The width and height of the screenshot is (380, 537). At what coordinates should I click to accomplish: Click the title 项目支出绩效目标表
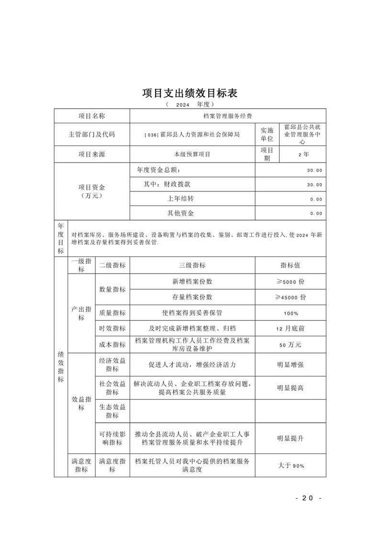(190, 92)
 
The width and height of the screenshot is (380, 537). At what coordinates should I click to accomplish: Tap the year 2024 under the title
(183, 104)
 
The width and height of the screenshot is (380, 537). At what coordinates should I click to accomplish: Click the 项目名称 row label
(92, 116)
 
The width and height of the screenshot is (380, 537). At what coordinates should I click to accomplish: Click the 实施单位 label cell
(267, 134)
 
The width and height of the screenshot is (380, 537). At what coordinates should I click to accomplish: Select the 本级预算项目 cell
(192, 154)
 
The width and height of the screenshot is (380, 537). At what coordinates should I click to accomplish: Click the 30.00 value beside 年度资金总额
(314, 170)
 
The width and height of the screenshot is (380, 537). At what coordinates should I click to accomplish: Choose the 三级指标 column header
(192, 265)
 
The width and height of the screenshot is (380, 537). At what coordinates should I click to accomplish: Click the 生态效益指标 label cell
(112, 411)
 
